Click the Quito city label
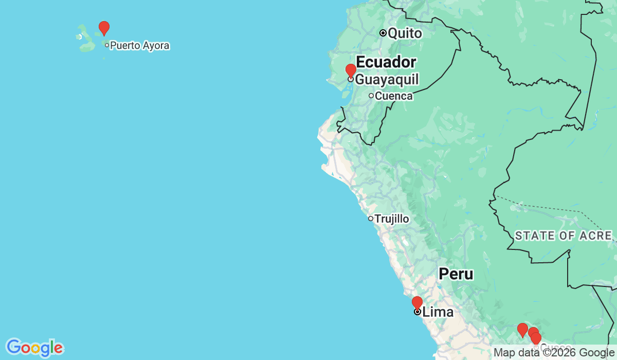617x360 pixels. point(405,33)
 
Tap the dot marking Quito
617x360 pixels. point(383,33)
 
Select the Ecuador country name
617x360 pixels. point(386,62)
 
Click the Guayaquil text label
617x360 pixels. point(387,79)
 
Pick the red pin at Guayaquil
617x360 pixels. point(351,70)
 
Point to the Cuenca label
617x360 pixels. point(393,96)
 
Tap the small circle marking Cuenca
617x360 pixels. point(371,95)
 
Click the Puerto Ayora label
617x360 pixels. point(139,46)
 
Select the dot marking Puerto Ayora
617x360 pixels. point(107,45)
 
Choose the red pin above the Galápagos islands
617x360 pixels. point(104,28)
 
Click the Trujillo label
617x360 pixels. point(392,219)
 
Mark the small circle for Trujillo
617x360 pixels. point(370,219)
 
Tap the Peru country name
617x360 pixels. point(456,274)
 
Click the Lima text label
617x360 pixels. point(438,312)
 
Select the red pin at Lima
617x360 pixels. point(417,303)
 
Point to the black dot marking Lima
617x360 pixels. point(418,311)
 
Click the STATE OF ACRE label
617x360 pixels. point(564,236)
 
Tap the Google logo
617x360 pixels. point(34,348)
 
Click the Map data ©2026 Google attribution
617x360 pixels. point(553,353)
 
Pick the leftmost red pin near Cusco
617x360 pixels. point(522,330)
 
